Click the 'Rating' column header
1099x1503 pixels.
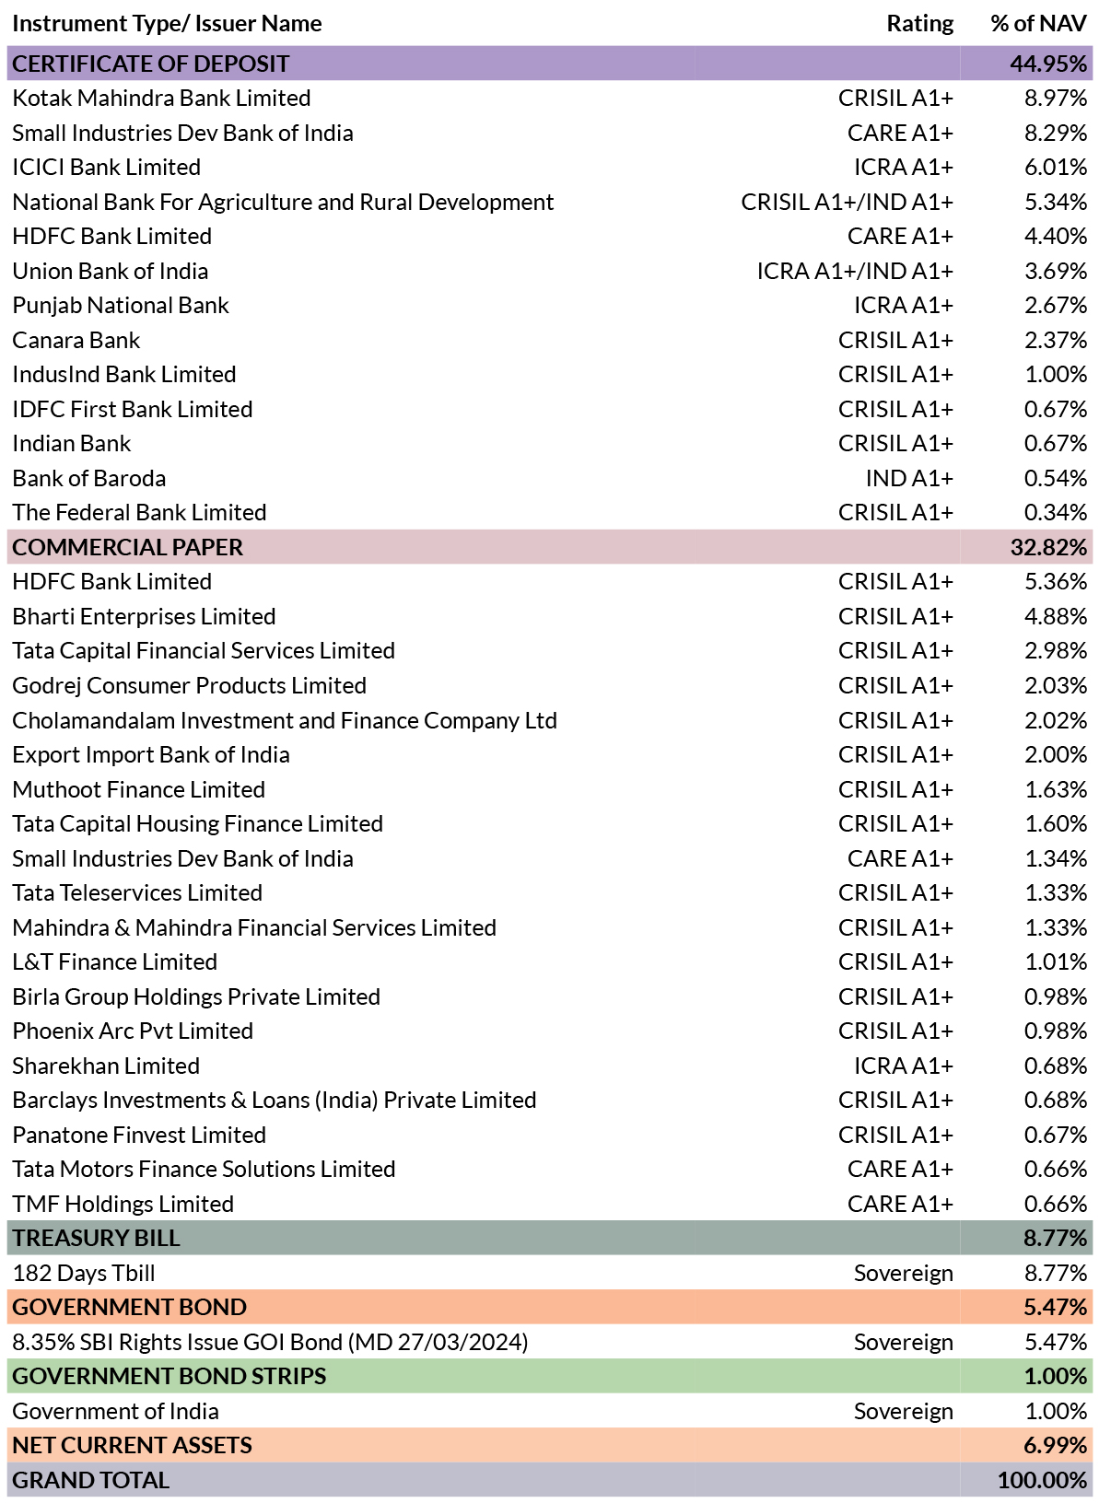[919, 24]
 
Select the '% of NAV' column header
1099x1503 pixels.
[1038, 24]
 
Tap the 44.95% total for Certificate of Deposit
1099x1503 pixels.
[1048, 64]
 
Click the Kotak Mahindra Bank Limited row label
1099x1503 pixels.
[161, 99]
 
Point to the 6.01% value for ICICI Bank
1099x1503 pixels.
[1056, 168]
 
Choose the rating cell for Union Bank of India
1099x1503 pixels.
[854, 272]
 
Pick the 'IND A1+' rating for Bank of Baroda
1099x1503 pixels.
[908, 479]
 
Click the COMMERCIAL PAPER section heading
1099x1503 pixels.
[127, 548]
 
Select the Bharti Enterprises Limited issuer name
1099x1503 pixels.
[144, 617]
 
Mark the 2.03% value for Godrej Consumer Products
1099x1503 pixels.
[1056, 686]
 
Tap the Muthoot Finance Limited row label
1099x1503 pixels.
[138, 790]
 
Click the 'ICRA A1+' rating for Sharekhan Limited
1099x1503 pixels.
[903, 1066]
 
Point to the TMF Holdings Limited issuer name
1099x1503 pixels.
[123, 1205]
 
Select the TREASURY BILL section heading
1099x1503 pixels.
[96, 1239]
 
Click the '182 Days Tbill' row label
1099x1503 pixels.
[83, 1274]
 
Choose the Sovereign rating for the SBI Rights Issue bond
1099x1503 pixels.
[903, 1343]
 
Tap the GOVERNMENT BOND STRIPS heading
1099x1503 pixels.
[169, 1377]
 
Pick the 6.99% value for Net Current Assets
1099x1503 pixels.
[1056, 1446]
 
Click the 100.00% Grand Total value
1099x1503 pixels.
[1042, 1481]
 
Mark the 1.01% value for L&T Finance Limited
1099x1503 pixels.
[1056, 962]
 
